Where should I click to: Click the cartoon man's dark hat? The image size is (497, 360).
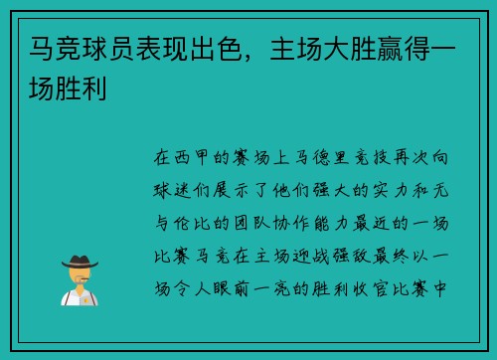coord(79,261)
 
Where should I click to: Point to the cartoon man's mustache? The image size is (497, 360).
coord(79,278)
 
